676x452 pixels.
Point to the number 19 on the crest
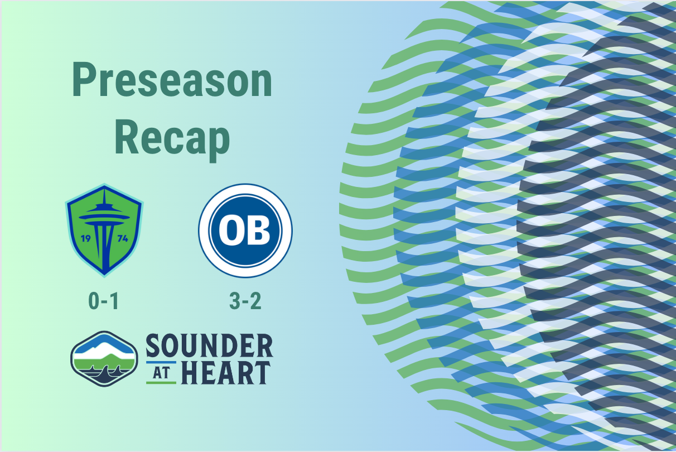point(86,238)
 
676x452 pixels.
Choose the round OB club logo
point(245,230)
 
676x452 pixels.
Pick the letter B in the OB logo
point(259,230)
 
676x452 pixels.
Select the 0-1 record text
point(104,301)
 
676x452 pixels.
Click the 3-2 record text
point(245,301)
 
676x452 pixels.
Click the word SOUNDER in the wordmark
point(209,347)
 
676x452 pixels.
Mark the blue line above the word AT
point(161,363)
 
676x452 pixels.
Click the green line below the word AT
point(161,383)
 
